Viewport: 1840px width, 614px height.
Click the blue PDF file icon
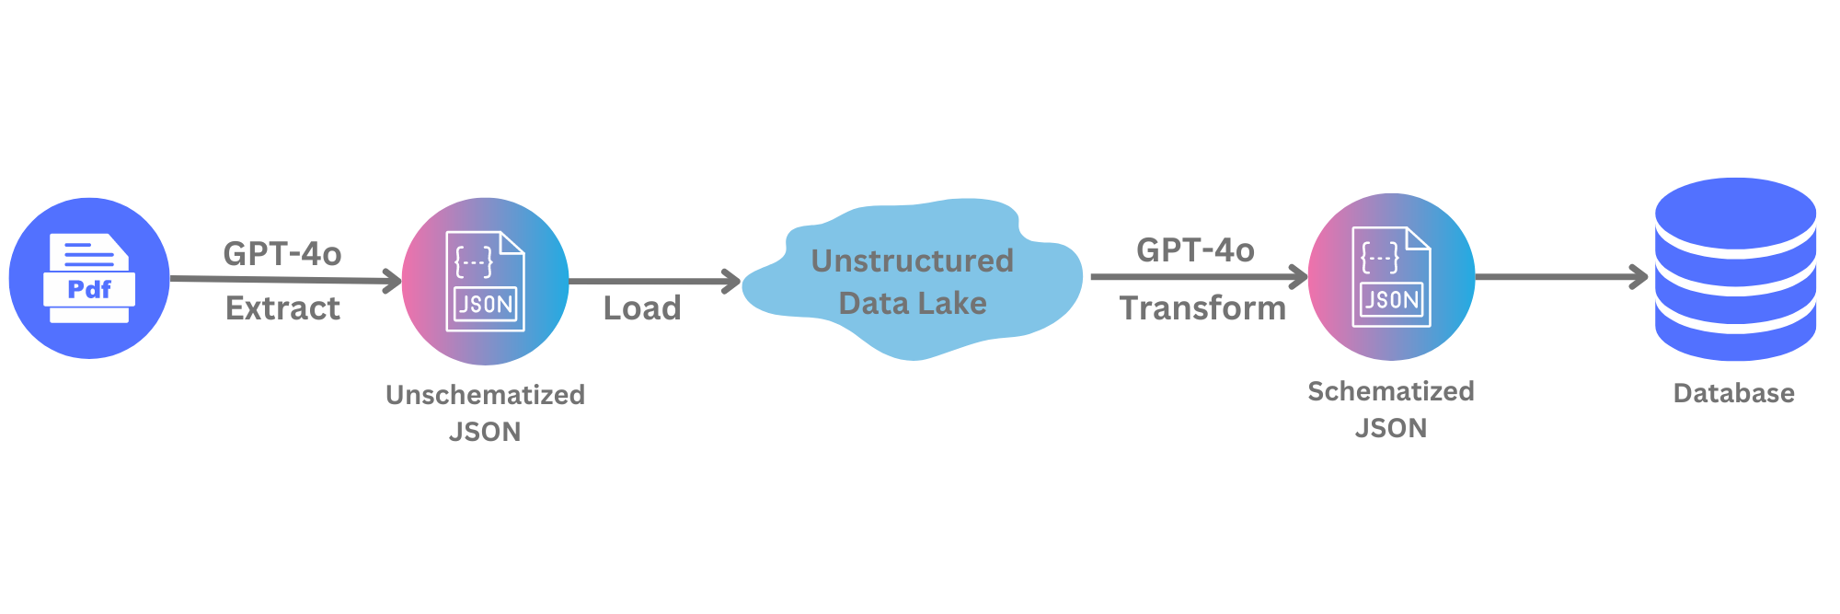point(89,278)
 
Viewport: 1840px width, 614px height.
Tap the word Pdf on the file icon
point(89,290)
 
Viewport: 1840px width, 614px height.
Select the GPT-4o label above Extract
point(282,254)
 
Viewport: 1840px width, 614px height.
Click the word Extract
point(282,308)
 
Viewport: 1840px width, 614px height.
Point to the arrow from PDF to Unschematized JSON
point(285,280)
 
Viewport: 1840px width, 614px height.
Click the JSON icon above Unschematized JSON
point(486,281)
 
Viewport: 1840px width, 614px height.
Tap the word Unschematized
point(485,395)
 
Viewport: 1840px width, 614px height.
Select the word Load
point(642,308)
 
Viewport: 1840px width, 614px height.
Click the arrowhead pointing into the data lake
point(731,282)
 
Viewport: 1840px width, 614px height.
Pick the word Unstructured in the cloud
point(912,261)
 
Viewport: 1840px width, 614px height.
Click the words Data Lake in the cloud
point(913,304)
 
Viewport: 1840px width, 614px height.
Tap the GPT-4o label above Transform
point(1195,250)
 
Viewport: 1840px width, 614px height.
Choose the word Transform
point(1202,308)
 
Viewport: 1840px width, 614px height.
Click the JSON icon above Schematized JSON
point(1391,277)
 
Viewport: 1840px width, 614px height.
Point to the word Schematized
point(1391,391)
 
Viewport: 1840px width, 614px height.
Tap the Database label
point(1733,394)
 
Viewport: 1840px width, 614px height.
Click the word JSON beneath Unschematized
point(485,432)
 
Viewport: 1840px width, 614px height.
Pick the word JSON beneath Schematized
point(1391,428)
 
